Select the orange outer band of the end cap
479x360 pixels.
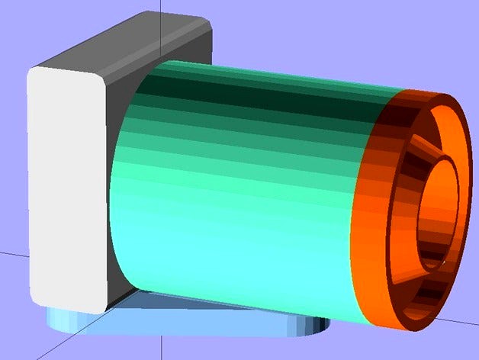point(374,229)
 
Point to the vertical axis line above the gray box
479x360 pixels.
point(162,8)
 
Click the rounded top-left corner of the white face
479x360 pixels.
point(35,73)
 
